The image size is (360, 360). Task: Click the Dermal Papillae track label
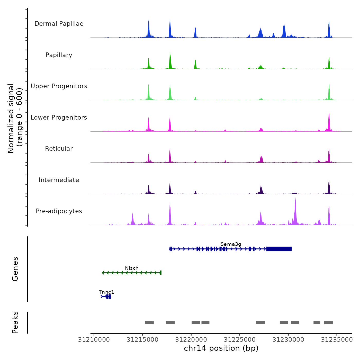[x=59, y=24]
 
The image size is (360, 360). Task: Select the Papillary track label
[x=59, y=55]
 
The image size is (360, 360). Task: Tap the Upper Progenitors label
[x=59, y=86]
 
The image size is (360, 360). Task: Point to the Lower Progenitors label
[x=59, y=118]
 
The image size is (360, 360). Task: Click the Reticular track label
[x=59, y=149]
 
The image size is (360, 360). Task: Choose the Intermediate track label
[x=59, y=180]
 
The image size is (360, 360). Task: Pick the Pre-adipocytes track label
[x=59, y=211]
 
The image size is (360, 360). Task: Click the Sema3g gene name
[x=231, y=244]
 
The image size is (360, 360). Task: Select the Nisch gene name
[x=132, y=268]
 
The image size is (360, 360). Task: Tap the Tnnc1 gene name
[x=106, y=292]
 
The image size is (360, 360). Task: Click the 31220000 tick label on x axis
[x=191, y=340]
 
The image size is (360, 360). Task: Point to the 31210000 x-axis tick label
[x=94, y=340]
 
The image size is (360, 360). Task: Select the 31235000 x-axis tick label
[x=337, y=340]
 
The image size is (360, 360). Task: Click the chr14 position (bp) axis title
[x=221, y=348]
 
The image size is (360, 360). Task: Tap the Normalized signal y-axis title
[x=15, y=118]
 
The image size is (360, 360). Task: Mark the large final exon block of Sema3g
[x=279, y=249]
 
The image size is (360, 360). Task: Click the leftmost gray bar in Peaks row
[x=149, y=323]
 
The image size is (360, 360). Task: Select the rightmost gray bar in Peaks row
[x=328, y=323]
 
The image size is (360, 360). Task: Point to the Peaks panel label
[x=15, y=322]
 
